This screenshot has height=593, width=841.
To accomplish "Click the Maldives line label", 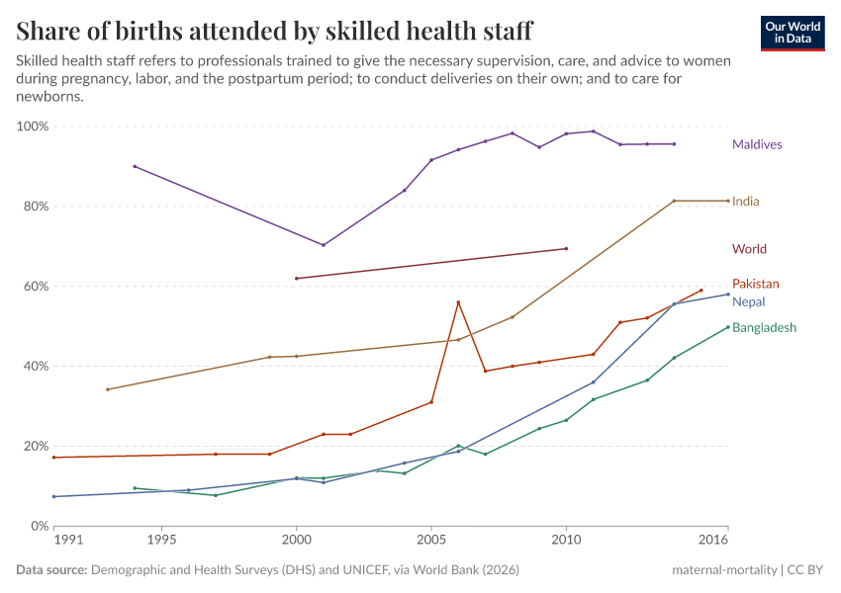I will (757, 144).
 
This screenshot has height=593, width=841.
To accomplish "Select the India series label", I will (746, 202).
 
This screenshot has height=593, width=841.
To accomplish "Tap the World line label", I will (749, 249).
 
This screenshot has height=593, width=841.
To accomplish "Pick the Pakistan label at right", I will (755, 284).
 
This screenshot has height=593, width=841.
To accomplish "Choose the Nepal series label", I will (748, 302).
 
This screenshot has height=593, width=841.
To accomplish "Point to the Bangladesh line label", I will (764, 328).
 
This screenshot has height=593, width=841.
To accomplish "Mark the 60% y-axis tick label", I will (35, 287).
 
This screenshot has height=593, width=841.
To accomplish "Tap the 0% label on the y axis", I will (39, 526).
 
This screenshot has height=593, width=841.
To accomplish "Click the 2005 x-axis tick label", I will (431, 541).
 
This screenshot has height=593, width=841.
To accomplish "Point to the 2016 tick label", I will (713, 541).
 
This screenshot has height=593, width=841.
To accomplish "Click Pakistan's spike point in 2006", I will (458, 302).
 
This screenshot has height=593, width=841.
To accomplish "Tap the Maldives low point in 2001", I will (324, 245).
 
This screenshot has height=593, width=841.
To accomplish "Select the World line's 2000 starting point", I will (297, 279).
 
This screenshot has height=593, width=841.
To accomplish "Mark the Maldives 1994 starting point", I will (135, 166).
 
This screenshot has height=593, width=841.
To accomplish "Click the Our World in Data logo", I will (793, 33).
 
